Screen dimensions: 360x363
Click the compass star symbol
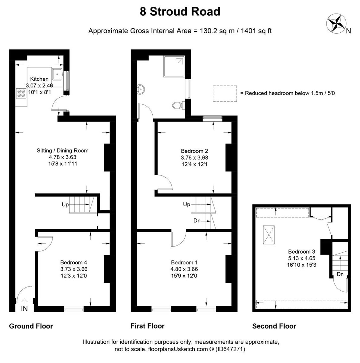(x=336, y=24)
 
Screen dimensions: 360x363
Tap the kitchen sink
(x=57, y=74)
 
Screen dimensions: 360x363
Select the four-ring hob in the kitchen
(x=21, y=93)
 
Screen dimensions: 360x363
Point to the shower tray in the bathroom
(x=174, y=66)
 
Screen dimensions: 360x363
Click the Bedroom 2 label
(x=194, y=151)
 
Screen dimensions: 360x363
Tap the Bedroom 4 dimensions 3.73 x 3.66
(x=74, y=269)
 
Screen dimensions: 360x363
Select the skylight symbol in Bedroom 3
(x=269, y=235)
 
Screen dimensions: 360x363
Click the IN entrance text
(x=24, y=309)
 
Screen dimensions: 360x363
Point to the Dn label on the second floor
(x=340, y=274)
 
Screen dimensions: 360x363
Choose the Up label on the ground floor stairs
(x=65, y=204)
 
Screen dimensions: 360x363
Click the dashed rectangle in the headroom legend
(x=225, y=93)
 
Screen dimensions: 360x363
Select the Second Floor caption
(x=274, y=326)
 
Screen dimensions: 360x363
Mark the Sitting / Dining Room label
(x=63, y=151)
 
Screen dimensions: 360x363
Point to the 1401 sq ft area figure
(x=256, y=31)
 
